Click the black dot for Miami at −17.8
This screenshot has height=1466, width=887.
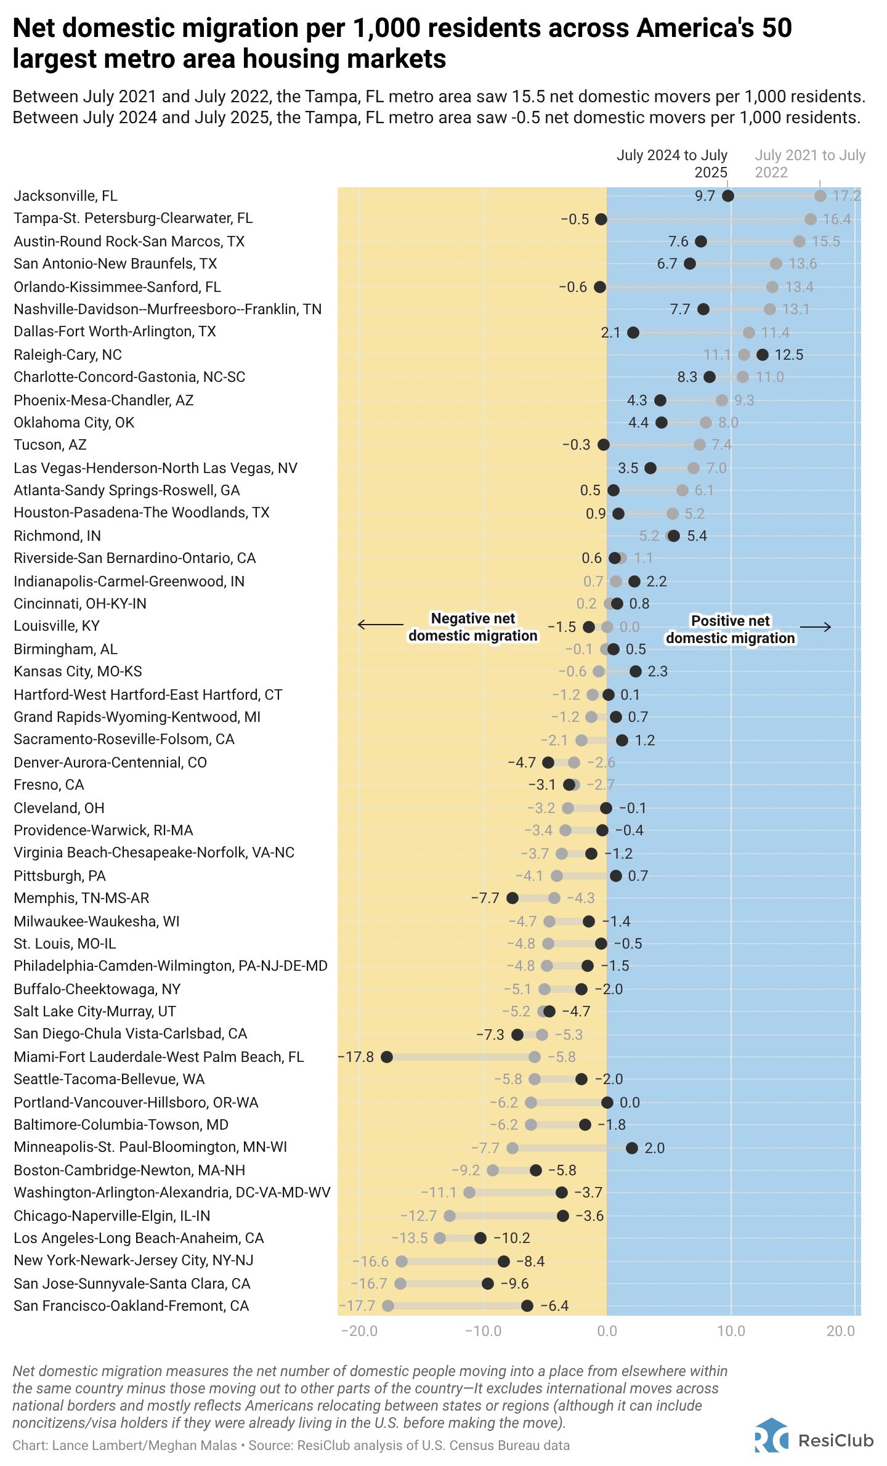(387, 1057)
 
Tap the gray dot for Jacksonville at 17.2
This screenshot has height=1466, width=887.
(820, 196)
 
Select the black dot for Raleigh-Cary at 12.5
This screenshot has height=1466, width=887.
(763, 355)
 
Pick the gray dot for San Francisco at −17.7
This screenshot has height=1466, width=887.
(388, 1306)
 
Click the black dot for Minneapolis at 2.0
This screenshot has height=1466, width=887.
(632, 1148)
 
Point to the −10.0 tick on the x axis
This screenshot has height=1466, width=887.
(483, 1331)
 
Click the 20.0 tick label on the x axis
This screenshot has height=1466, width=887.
(841, 1331)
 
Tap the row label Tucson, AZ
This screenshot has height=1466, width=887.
(50, 445)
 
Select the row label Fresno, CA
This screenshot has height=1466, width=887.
(49, 785)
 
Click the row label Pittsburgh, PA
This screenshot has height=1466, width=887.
(60, 876)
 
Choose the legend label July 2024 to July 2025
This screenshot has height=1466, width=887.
(672, 163)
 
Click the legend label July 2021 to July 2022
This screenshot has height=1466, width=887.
(810, 163)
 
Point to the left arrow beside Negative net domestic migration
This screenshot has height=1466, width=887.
(380, 625)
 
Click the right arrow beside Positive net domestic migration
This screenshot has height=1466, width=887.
(816, 627)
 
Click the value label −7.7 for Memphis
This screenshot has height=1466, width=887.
(485, 898)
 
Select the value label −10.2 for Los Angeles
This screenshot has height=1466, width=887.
(511, 1238)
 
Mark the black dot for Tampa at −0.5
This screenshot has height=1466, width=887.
(601, 219)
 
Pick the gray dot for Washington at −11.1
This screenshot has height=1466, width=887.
(469, 1193)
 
